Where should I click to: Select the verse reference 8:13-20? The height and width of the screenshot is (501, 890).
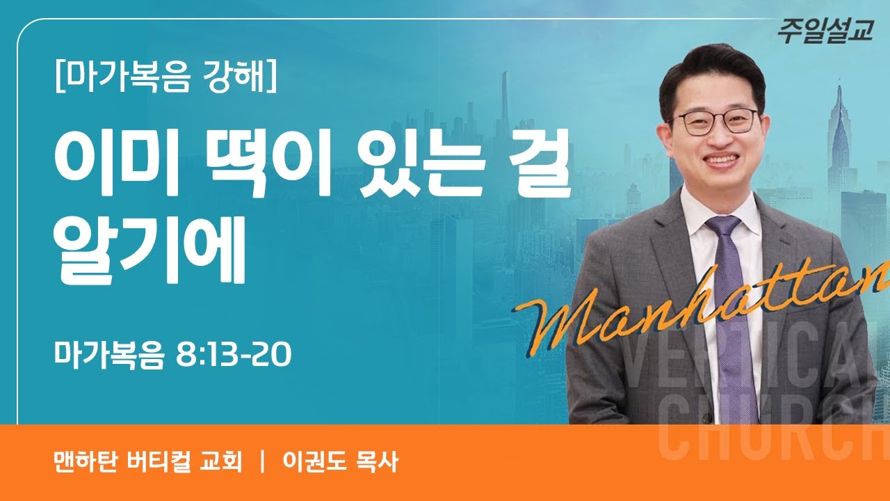tap(234, 356)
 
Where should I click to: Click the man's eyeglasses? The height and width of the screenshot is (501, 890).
tap(716, 122)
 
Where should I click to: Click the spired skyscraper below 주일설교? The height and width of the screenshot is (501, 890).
tap(839, 132)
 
